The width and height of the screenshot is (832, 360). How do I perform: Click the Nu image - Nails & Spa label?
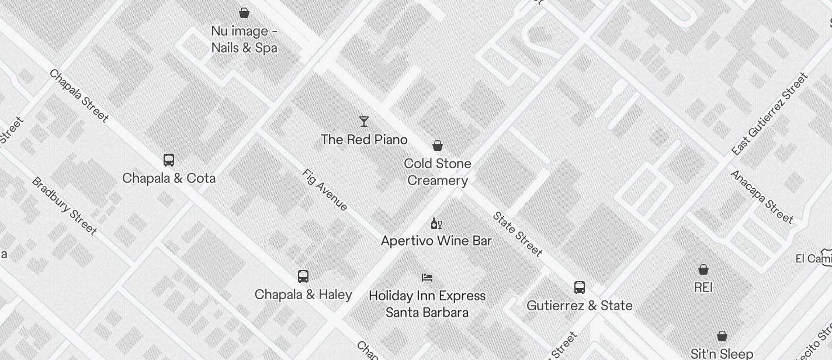244,39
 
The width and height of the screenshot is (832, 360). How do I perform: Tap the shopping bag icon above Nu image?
244,12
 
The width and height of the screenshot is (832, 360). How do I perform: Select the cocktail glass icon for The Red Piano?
364,122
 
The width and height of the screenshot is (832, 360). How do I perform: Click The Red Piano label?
364,140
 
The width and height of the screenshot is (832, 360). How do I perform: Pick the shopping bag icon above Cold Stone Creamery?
438,146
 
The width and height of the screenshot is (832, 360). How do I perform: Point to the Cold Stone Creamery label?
438,172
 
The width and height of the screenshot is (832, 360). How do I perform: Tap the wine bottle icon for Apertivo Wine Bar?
436,223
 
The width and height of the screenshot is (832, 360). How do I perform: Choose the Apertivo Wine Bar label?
436,241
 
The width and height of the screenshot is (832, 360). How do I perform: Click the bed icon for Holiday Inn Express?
427,277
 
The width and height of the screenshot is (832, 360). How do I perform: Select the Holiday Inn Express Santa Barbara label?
427,304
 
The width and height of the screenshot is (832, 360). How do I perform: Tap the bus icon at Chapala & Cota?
169,160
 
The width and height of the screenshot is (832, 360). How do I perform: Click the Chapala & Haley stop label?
303,295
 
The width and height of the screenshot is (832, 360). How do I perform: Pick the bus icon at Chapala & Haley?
303,276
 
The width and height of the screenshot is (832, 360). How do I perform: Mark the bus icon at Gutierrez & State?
580,288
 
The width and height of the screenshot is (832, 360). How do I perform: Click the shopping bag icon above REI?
703,269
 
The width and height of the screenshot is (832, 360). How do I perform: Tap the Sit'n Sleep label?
722,354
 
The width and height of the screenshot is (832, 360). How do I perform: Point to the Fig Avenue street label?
325,190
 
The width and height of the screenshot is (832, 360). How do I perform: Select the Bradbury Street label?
64,206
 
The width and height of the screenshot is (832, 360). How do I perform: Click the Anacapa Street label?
762,197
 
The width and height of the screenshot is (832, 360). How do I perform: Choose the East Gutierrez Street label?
769,114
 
